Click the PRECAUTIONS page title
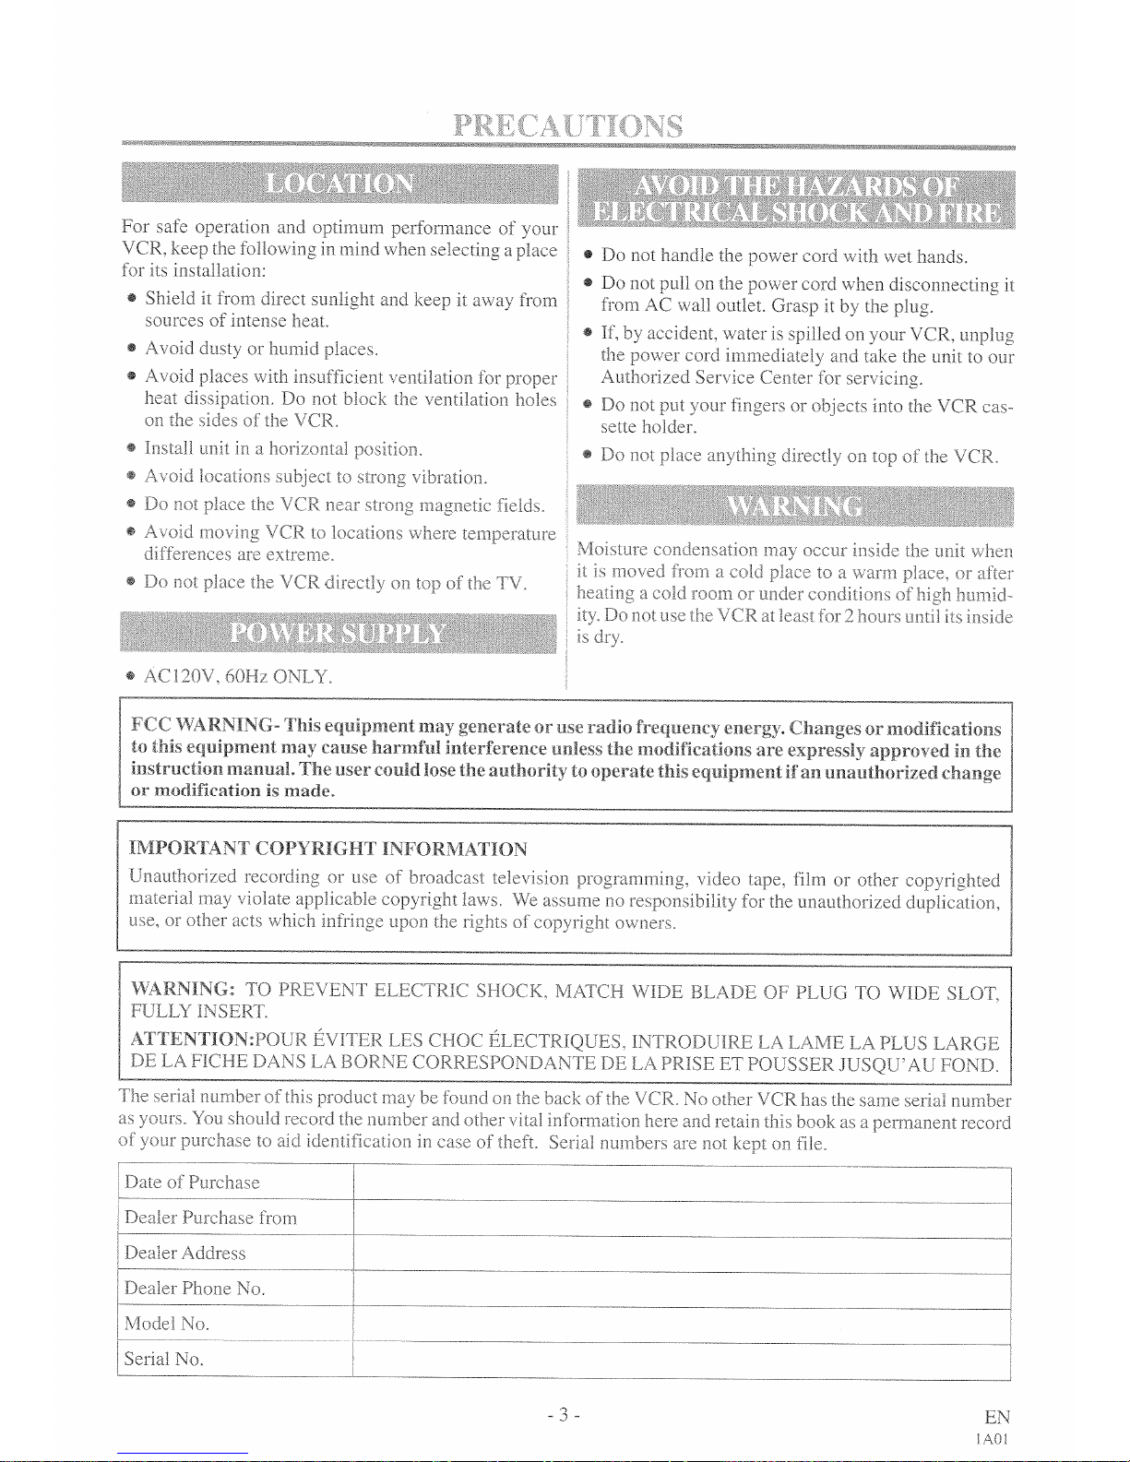point(567,126)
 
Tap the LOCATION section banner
point(339,184)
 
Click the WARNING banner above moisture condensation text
point(794,506)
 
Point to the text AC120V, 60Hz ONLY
point(238,677)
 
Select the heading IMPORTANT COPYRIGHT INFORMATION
point(328,849)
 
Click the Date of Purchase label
point(192,1183)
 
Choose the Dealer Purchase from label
point(210,1218)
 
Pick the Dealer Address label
point(184,1253)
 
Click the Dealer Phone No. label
point(195,1288)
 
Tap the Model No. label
point(167,1324)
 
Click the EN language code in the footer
point(996,1417)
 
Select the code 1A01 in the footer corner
point(995,1439)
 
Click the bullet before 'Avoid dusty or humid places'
point(133,349)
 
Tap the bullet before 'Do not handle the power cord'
point(588,256)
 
